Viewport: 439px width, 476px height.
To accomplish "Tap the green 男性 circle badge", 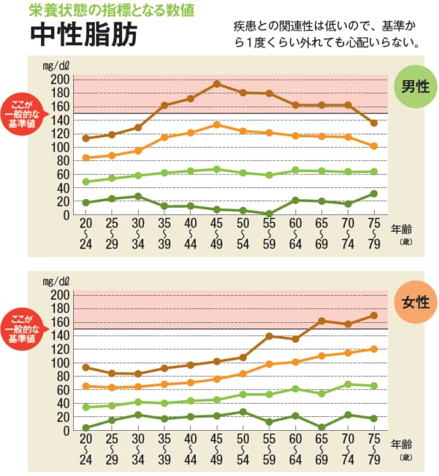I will coord(415,87).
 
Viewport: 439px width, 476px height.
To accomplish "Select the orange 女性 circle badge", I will coord(415,303).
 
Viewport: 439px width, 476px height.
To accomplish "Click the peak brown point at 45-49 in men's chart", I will coord(216,84).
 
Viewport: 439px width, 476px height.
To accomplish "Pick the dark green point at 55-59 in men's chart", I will coord(269,214).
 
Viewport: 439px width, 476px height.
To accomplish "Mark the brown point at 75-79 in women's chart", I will coord(374,315).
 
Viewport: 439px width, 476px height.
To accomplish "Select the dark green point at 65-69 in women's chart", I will coord(321,427).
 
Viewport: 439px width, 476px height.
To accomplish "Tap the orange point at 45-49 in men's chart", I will coord(216,125).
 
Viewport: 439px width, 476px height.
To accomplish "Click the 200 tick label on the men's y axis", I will coord(61,79).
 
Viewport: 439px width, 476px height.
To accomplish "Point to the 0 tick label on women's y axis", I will coord(66,431).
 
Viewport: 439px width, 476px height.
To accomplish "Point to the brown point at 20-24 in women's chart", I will coord(85,367).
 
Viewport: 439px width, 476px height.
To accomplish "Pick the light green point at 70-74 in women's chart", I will coord(348,384).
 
